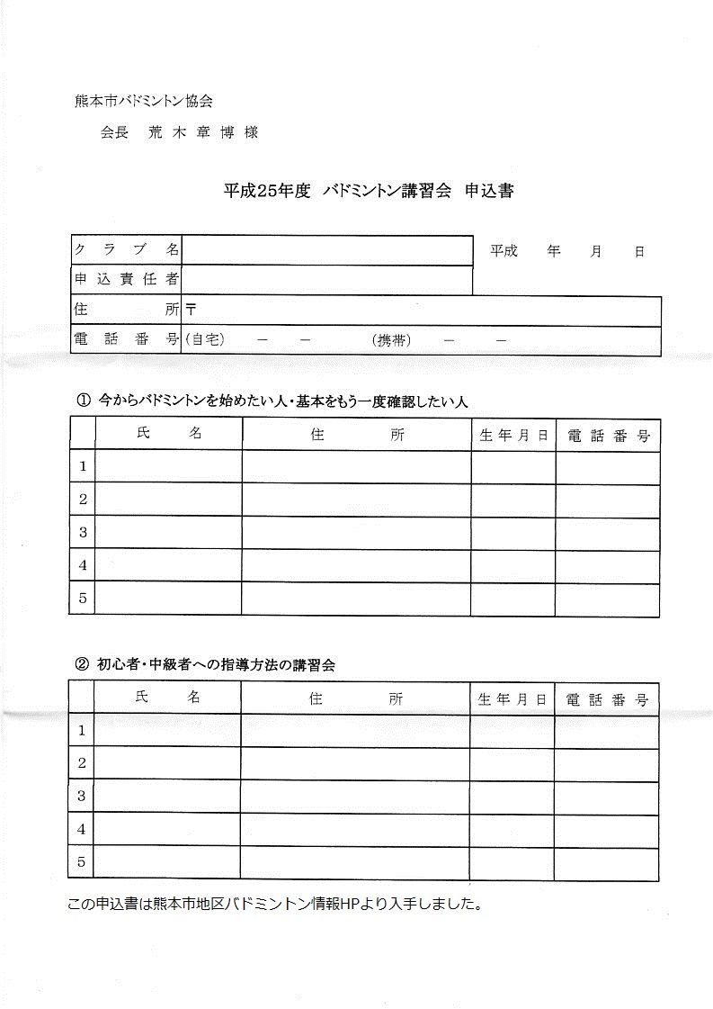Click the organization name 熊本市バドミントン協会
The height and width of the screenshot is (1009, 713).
(144, 102)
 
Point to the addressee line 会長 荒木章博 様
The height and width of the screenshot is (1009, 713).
(180, 132)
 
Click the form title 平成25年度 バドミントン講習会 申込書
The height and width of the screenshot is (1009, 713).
(369, 191)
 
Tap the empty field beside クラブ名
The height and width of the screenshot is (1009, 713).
(327, 250)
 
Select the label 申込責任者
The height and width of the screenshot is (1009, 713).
(126, 280)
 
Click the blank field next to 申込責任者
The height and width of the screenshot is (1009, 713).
(327, 280)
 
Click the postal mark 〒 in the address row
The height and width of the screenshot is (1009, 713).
(191, 310)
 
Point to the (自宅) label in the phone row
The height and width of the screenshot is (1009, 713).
(204, 340)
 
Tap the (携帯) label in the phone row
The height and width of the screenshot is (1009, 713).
(391, 340)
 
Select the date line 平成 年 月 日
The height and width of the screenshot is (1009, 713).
(566, 252)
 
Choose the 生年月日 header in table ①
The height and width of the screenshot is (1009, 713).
(513, 436)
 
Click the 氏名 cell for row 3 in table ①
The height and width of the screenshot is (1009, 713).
(168, 532)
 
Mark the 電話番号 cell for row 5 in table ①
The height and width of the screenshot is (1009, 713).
(607, 599)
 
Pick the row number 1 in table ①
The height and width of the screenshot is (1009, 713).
(83, 466)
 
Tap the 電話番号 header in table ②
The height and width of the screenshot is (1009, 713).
(606, 699)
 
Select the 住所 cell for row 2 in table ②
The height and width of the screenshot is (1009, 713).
(355, 763)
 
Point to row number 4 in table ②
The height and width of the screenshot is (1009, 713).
(81, 829)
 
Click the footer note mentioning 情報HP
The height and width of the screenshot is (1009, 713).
(275, 904)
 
